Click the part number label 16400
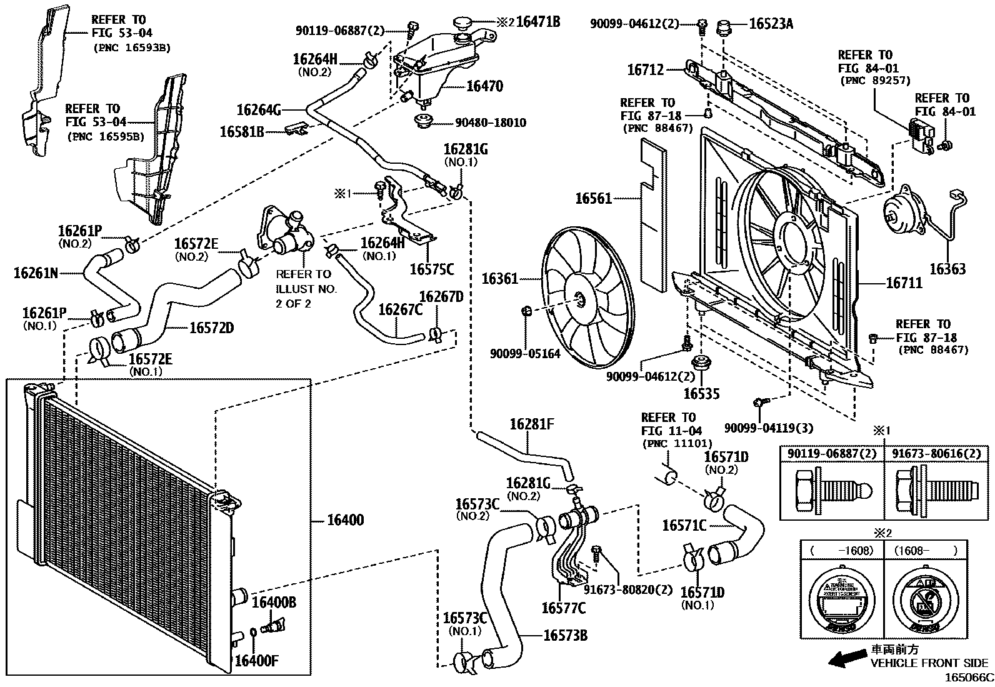point(346,520)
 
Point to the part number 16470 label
point(484,86)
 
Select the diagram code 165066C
point(968,678)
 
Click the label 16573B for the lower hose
point(566,635)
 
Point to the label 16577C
point(563,608)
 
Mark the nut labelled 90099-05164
point(527,311)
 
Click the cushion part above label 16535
point(701,363)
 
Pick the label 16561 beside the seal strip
point(593,199)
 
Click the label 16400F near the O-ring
point(256,661)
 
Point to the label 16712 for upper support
point(645,71)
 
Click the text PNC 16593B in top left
point(132,47)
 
